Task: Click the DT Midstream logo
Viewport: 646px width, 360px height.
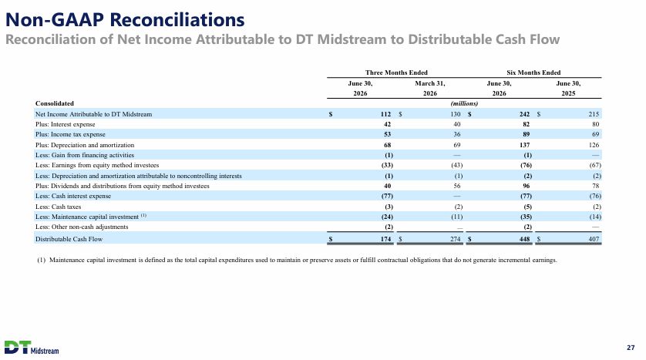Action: (32, 347)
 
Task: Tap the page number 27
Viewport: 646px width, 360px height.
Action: (631, 348)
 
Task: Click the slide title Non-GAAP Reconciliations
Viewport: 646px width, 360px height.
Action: (125, 19)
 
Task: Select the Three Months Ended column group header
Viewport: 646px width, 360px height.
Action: (396, 72)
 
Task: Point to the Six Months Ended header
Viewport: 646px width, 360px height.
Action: (533, 72)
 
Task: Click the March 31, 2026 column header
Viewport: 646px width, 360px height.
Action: (429, 88)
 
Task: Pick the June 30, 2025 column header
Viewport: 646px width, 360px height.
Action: (568, 88)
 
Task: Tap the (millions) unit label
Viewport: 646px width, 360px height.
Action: (464, 103)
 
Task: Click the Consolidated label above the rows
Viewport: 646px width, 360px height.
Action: (55, 103)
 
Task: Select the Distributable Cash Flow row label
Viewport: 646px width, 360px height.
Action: (69, 239)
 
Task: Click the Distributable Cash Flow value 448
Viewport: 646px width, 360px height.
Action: (524, 239)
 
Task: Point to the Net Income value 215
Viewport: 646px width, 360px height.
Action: (594, 114)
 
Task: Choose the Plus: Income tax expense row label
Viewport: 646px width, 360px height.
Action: (70, 134)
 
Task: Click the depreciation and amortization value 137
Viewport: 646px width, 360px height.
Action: (524, 145)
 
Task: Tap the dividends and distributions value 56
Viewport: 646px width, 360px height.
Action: (457, 186)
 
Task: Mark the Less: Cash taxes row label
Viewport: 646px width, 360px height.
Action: (58, 207)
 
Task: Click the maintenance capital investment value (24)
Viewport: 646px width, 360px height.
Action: (387, 217)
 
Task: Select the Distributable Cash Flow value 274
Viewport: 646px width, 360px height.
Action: (456, 239)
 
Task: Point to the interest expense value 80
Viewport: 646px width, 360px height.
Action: (595, 124)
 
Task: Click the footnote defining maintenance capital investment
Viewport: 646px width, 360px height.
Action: (297, 260)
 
